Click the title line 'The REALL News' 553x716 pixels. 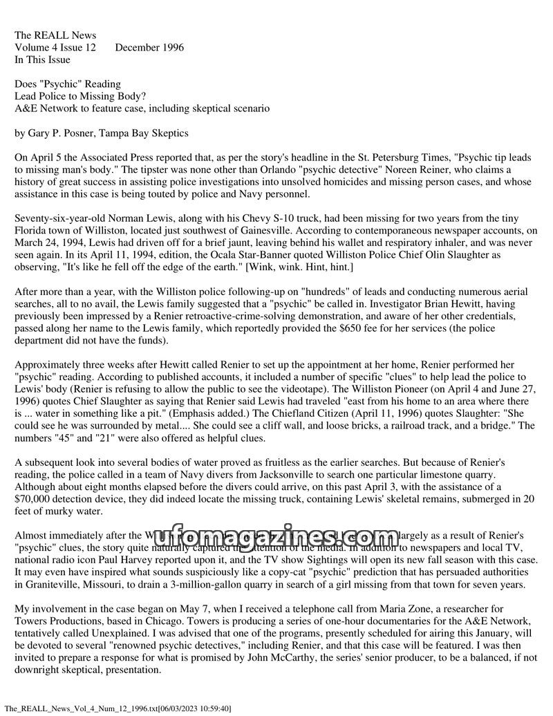pos(55,35)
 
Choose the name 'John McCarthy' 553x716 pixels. pos(290,658)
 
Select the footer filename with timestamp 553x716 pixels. pos(118,708)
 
